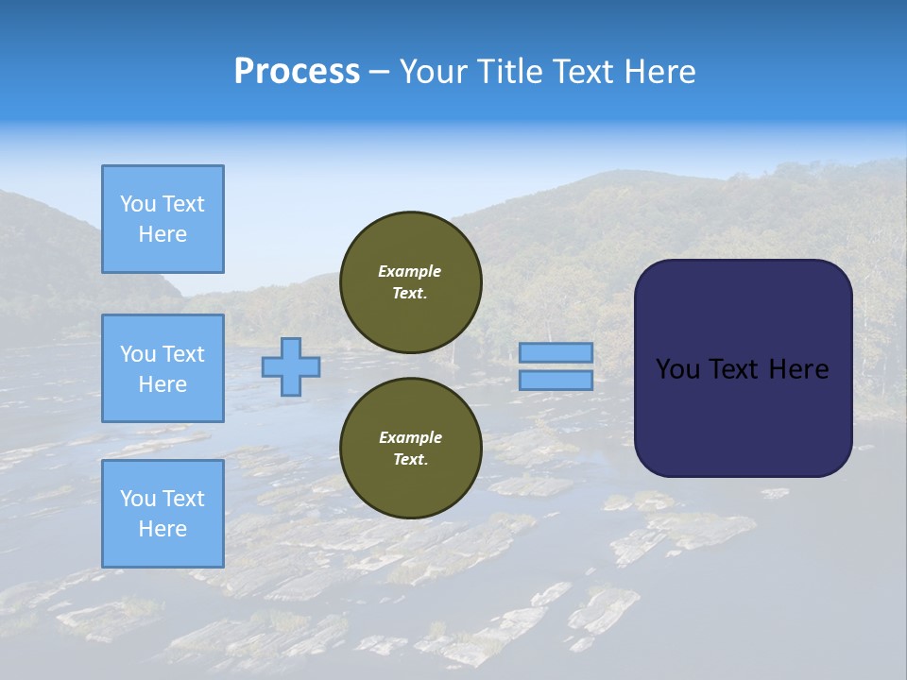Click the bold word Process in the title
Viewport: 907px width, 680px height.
[297, 72]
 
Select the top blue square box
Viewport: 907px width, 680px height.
[163, 219]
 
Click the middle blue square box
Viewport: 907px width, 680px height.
[163, 368]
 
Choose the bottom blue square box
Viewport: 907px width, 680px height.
[163, 514]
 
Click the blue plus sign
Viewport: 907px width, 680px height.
[291, 366]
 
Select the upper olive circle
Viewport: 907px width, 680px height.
[411, 281]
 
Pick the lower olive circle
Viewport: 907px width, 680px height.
[411, 448]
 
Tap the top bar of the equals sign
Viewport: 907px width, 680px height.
[556, 353]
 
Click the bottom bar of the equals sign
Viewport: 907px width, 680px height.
[556, 380]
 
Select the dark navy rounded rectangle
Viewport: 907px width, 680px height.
[743, 368]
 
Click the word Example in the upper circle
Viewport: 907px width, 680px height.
[410, 271]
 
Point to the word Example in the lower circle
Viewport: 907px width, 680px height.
[410, 437]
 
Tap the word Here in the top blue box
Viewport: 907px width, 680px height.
[163, 234]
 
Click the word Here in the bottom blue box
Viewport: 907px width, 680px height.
[163, 529]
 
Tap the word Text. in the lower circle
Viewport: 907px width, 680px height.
[410, 460]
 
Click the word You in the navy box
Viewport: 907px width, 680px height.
[677, 369]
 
